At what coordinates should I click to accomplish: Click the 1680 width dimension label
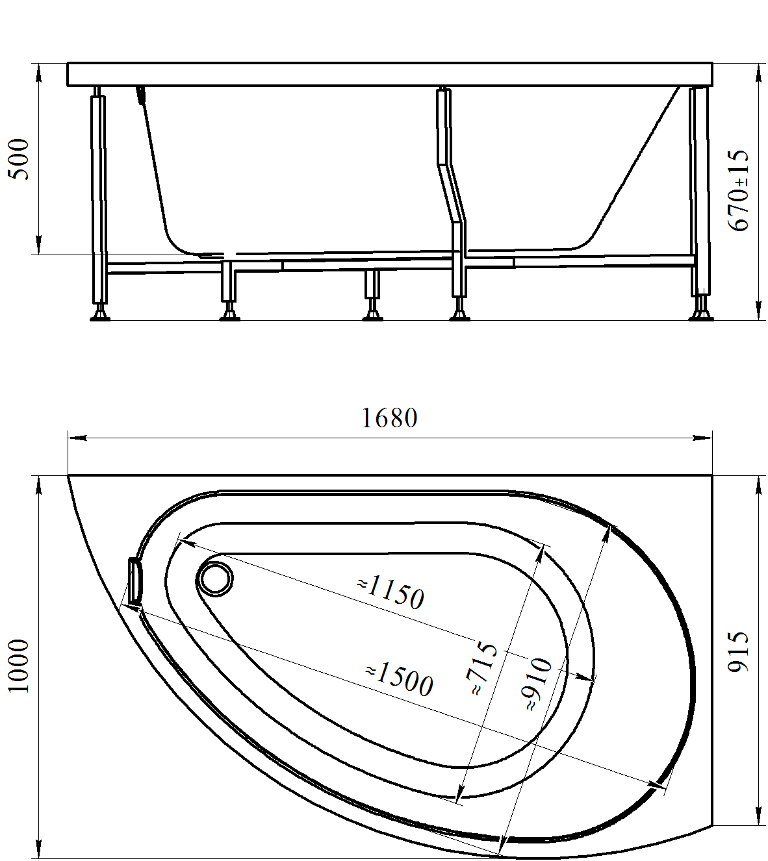pyautogui.click(x=389, y=418)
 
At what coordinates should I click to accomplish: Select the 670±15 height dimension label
pyautogui.click(x=738, y=190)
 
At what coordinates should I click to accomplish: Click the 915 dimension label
pyautogui.click(x=738, y=658)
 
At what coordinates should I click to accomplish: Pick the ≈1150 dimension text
pyautogui.click(x=390, y=592)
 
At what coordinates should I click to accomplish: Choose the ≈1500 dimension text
pyautogui.click(x=399, y=680)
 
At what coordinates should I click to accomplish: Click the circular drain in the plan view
pyautogui.click(x=215, y=579)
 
